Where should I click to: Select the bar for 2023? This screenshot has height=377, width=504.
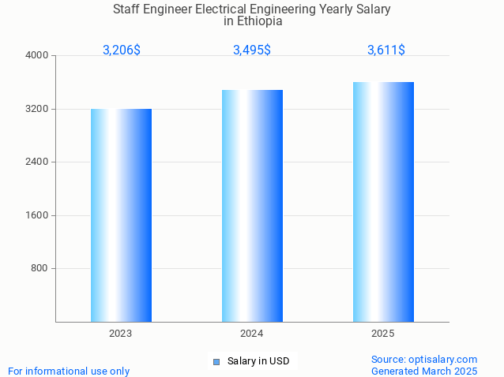121,215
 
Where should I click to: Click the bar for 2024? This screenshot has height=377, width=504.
252,205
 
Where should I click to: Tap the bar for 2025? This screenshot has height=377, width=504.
383,201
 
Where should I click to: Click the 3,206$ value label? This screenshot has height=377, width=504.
122,50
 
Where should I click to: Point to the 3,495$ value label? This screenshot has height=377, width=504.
252,50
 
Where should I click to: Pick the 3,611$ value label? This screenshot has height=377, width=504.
386,50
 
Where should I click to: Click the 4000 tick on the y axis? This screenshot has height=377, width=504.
37,56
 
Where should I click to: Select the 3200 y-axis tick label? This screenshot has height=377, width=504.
37,109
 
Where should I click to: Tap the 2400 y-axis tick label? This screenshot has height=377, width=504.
37,162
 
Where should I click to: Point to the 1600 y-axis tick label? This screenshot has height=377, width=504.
37,215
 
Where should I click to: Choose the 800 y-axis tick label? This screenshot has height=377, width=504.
39,269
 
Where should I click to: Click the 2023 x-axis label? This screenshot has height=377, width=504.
121,334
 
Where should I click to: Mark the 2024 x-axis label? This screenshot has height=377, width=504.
252,334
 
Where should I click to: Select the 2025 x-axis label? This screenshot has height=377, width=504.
383,334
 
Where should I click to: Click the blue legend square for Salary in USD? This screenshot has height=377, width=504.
216,362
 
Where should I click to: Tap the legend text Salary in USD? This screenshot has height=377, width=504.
258,361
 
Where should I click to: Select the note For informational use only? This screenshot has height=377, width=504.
69,371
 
